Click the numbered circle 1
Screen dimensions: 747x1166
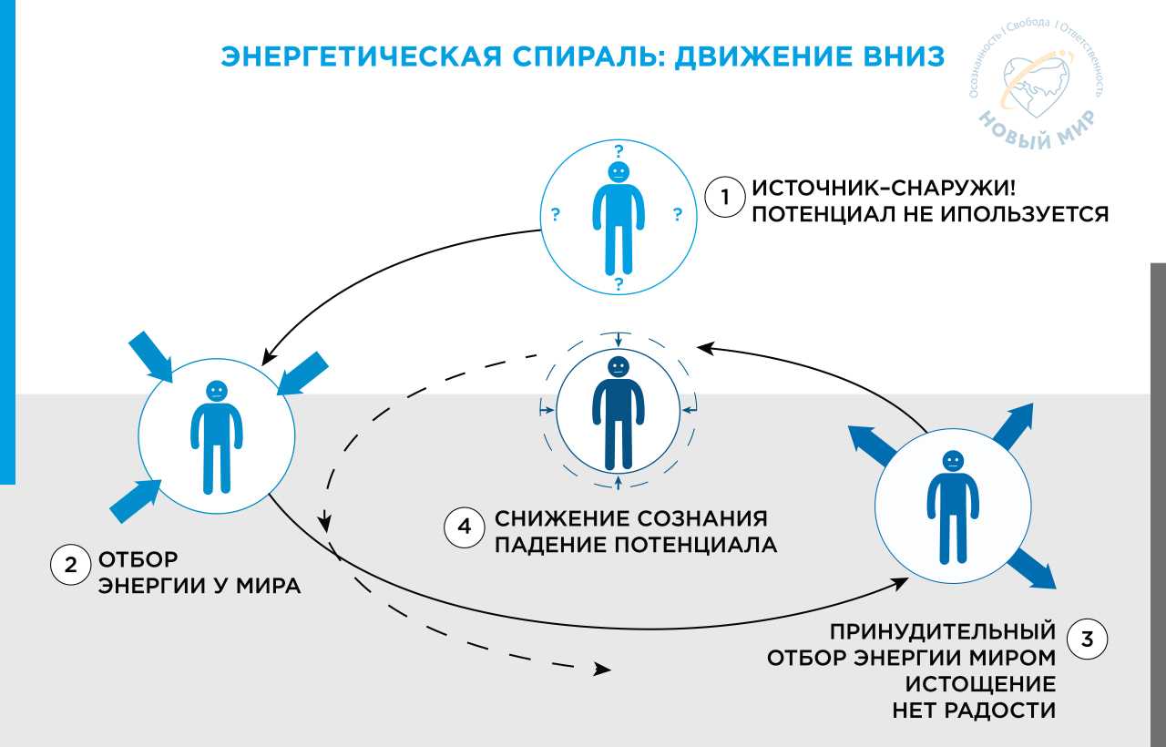(725, 199)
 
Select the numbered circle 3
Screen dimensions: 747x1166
(1086, 639)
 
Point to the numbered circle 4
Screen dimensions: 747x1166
(464, 529)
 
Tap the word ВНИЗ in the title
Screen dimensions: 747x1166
(894, 57)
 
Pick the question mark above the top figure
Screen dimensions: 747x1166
(619, 150)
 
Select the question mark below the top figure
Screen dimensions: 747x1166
(619, 284)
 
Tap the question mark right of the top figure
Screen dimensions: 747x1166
(677, 216)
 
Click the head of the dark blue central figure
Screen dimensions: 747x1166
(619, 366)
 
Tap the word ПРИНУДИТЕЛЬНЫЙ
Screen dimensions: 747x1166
(943, 631)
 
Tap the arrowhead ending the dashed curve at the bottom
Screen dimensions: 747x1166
(601, 670)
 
